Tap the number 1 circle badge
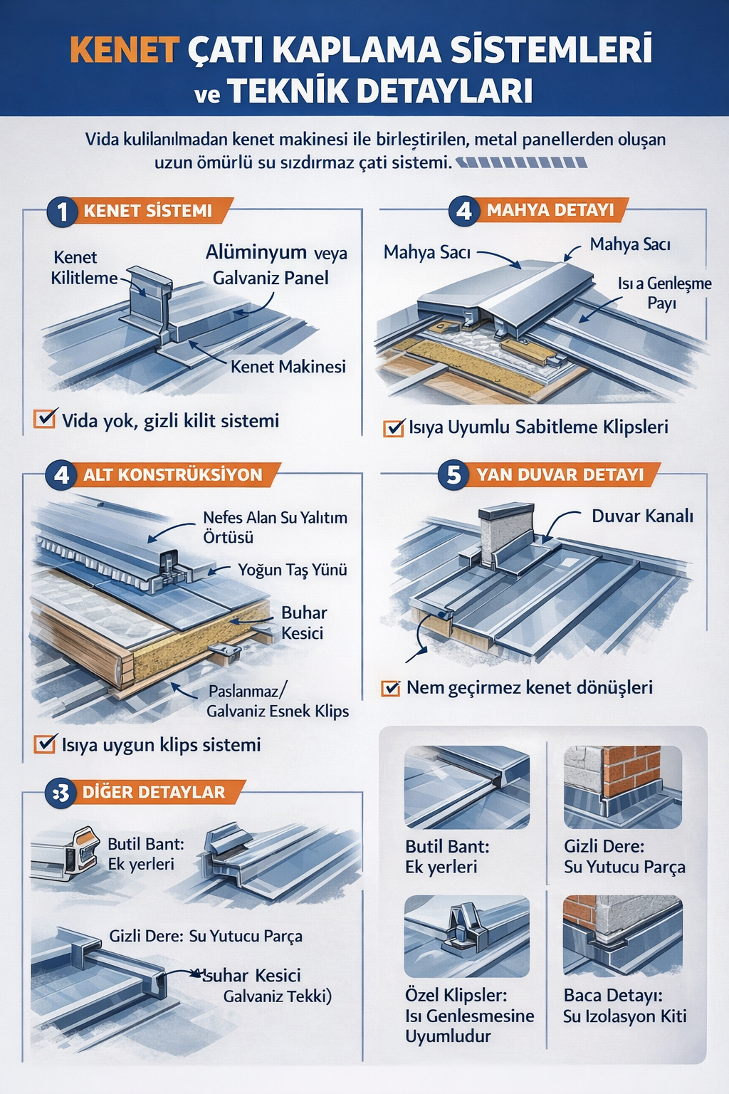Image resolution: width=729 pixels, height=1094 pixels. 63,212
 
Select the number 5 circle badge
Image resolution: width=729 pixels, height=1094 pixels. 454,475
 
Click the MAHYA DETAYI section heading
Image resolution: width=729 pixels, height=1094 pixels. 550,210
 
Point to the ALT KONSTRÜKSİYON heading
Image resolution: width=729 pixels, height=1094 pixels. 172,475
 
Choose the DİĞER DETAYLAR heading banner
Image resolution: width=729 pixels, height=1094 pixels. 154,792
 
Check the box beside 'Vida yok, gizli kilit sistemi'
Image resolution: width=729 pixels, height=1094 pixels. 45,419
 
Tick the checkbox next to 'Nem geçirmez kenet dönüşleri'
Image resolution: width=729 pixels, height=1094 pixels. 391,688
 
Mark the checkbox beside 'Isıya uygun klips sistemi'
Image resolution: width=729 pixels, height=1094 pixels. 45,744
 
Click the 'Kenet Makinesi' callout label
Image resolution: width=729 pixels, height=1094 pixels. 288,367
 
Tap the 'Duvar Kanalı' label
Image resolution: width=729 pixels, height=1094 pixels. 642,516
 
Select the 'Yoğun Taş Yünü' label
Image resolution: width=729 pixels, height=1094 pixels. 293,570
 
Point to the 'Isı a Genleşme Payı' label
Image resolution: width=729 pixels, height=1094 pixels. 664,293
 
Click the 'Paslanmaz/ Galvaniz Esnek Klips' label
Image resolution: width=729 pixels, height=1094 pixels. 278,701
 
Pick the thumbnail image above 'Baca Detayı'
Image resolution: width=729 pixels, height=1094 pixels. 622,935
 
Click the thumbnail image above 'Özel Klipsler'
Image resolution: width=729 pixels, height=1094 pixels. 466,936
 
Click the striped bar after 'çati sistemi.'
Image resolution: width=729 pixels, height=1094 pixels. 522,162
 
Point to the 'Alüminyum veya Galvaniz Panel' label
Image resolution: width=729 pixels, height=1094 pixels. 276,264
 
